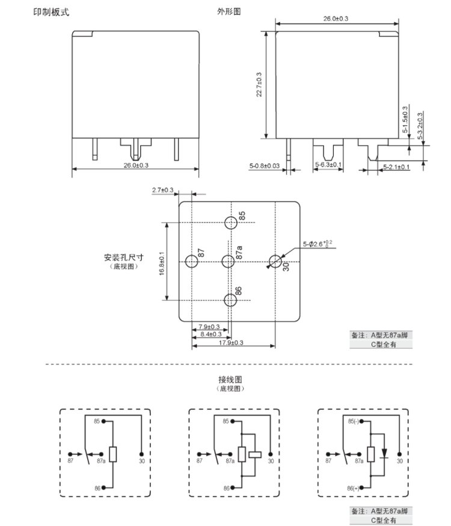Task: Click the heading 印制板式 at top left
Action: pyautogui.click(x=51, y=12)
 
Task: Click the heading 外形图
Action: pyautogui.click(x=229, y=12)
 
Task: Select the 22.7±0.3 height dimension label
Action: pyautogui.click(x=259, y=84)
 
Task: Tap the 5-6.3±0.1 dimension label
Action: pyautogui.click(x=328, y=165)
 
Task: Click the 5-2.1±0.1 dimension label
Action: pyautogui.click(x=396, y=166)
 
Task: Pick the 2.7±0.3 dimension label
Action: pyautogui.click(x=162, y=190)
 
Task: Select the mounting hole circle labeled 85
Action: pyautogui.click(x=231, y=223)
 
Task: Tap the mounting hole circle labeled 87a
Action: pyautogui.click(x=228, y=262)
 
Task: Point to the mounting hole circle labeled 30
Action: pyautogui.click(x=275, y=262)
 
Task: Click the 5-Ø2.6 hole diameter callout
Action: pyautogui.click(x=318, y=244)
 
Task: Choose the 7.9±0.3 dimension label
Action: pyautogui.click(x=209, y=326)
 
